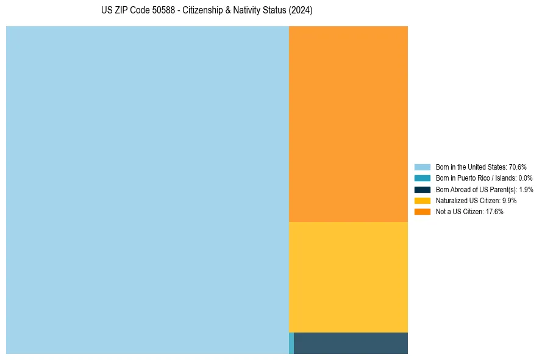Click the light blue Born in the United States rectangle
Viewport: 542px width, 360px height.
[147, 190]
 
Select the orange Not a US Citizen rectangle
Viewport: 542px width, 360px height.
[348, 124]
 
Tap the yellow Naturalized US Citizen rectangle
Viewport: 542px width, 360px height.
[348, 277]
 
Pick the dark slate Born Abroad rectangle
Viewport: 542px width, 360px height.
[351, 343]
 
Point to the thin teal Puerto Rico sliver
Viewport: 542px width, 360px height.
[291, 343]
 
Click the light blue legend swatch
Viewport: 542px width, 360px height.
[422, 167]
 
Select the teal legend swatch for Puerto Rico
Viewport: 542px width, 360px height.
[422, 178]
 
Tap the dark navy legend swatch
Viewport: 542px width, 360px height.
[422, 189]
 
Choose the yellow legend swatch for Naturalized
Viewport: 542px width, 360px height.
[422, 201]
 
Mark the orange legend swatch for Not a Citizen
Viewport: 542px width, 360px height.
[422, 212]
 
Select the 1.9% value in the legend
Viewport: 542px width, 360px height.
[526, 190]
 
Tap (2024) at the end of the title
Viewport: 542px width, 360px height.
[301, 11]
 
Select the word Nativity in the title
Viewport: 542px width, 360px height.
[244, 11]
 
